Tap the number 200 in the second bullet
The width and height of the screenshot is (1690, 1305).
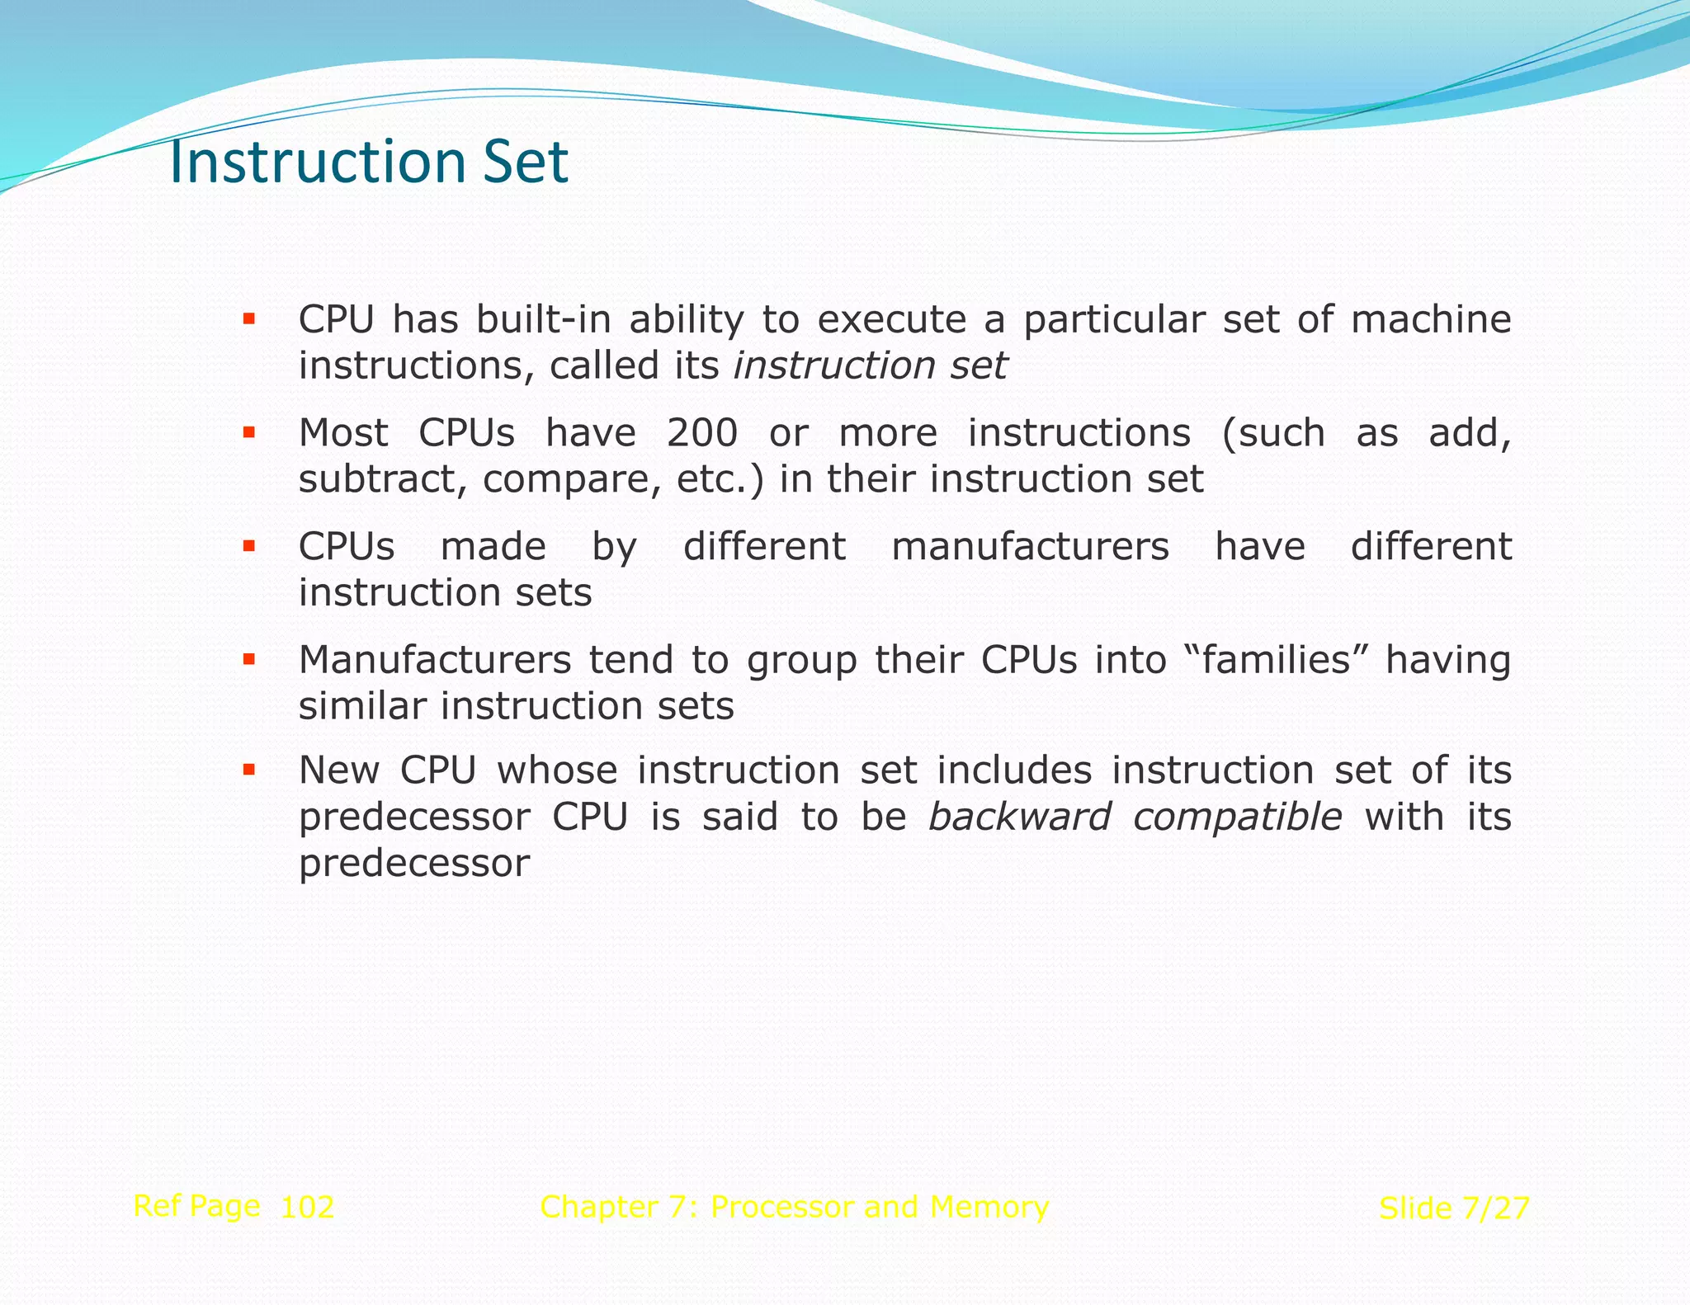[701, 433]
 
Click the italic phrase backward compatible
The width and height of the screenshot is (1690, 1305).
[1135, 817]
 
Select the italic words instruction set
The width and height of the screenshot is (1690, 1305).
[871, 365]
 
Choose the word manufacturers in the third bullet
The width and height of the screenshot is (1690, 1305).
[1030, 547]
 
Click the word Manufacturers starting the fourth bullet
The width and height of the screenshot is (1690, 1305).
[435, 660]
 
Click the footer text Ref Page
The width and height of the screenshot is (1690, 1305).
[196, 1206]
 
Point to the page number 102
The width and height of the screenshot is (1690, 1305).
[307, 1208]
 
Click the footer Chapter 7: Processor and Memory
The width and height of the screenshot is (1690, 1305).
[794, 1207]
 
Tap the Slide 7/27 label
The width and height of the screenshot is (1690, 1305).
[1454, 1208]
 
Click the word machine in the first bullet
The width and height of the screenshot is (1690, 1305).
[1430, 319]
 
